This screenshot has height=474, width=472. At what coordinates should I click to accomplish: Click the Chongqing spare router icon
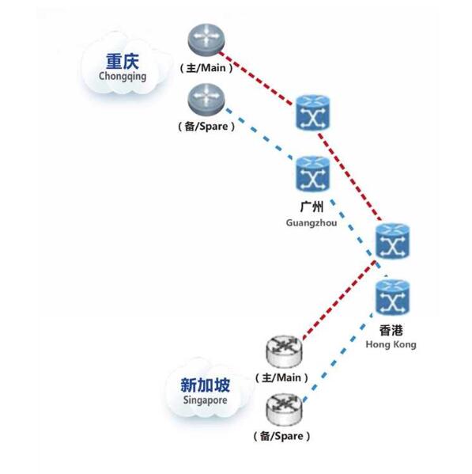[206, 100]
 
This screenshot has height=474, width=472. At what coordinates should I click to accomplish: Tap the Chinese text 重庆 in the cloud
[123, 62]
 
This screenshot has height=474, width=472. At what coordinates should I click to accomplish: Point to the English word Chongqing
[123, 76]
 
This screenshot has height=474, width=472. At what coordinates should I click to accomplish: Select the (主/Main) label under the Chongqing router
[206, 68]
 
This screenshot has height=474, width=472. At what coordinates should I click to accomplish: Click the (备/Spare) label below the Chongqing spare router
[206, 126]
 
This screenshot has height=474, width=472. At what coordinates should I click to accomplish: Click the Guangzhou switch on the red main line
[312, 112]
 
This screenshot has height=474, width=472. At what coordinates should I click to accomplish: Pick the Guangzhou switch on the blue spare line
[312, 174]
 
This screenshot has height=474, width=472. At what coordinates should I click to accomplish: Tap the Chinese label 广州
[312, 207]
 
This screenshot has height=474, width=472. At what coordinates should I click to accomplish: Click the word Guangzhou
[312, 223]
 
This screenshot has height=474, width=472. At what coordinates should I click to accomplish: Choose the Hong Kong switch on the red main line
[392, 241]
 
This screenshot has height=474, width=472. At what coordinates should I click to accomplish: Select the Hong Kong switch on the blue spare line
[392, 298]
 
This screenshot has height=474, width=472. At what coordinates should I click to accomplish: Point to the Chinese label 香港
[391, 330]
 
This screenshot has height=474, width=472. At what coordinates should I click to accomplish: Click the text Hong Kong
[391, 344]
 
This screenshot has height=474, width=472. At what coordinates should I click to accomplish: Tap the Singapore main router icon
[284, 352]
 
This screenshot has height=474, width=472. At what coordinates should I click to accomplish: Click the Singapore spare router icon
[284, 410]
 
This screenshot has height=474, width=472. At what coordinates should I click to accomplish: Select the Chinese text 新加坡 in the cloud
[206, 385]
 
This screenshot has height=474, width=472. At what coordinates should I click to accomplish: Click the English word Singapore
[206, 400]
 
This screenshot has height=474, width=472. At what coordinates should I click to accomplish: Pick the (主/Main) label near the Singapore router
[281, 378]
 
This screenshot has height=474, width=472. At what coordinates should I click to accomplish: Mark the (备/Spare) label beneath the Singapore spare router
[281, 436]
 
